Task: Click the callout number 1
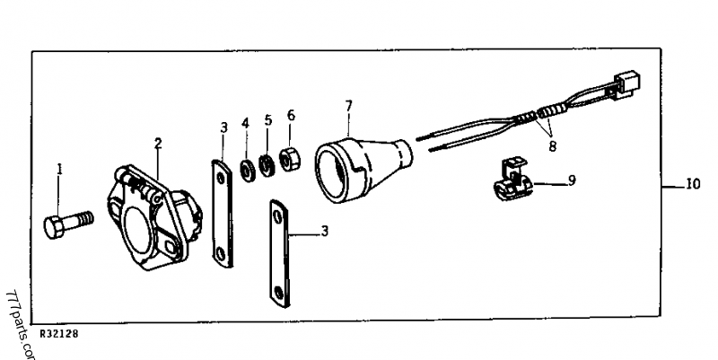coord(60,168)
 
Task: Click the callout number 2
coord(158,142)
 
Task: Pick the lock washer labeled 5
coord(266,164)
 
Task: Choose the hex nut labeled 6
coord(288,157)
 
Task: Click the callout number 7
coord(348,106)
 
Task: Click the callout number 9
coord(571,180)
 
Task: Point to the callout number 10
coord(692,187)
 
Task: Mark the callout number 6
coord(290,115)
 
